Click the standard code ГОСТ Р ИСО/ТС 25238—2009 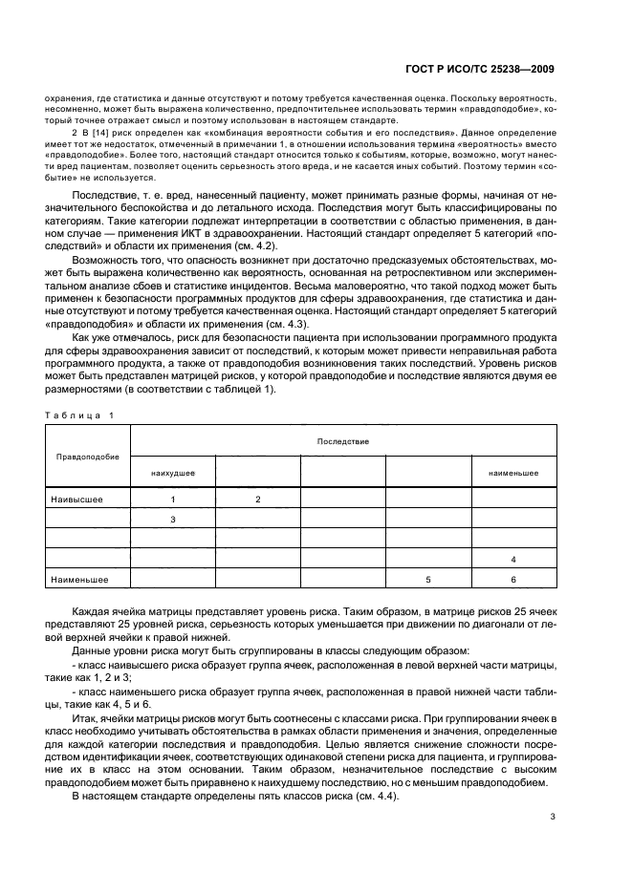[x=482, y=69]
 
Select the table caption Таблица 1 [x=79, y=415]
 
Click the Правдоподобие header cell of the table [x=88, y=457]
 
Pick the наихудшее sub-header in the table [x=173, y=473]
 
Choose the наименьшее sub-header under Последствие [x=513, y=473]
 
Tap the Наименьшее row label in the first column [x=82, y=579]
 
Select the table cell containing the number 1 [x=173, y=500]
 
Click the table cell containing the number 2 [x=258, y=500]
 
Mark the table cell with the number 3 [x=173, y=520]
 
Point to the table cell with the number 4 [x=513, y=559]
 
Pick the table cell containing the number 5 [x=428, y=579]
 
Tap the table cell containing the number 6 [x=513, y=579]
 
